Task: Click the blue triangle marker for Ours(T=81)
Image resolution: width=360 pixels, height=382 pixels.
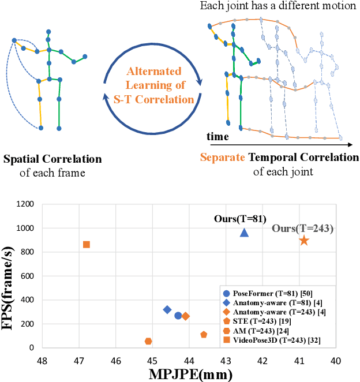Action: point(244,233)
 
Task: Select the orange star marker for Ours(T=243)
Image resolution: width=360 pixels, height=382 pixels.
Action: point(303,240)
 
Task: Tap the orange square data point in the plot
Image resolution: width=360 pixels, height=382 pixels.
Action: point(87,245)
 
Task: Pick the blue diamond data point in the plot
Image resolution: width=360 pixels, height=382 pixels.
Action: point(167,310)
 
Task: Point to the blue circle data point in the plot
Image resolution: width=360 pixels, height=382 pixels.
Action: point(178,316)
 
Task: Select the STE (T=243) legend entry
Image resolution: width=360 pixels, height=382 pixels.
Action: point(265,322)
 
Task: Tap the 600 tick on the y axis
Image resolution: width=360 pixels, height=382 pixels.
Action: point(26,276)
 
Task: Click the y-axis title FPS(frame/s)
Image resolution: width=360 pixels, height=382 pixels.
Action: point(8,276)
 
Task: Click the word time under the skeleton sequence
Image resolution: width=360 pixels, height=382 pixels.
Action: point(218,137)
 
